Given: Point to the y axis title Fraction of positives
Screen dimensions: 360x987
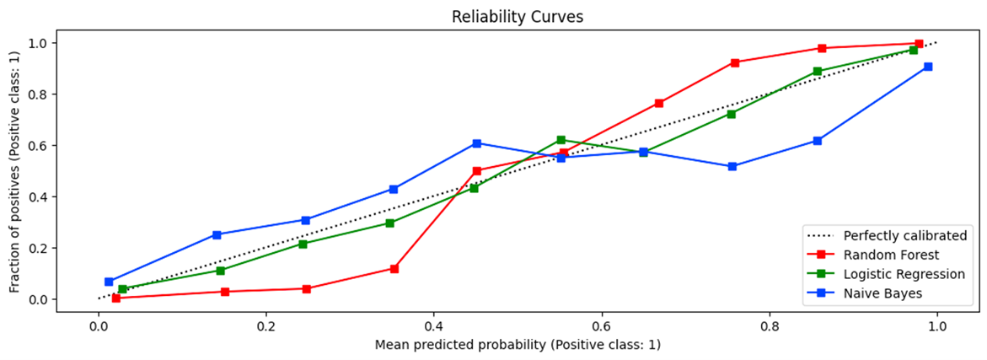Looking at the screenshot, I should pos(14,171).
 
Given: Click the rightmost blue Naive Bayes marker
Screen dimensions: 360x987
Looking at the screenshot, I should pos(927,67).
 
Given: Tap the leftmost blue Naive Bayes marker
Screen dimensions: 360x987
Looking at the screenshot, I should pos(109,282).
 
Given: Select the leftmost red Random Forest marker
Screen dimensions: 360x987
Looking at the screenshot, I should pos(115,298).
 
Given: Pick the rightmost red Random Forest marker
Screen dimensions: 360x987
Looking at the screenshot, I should pos(918,43).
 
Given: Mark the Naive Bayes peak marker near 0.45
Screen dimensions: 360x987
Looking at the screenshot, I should pos(477,143).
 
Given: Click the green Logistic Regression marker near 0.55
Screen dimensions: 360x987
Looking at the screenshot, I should pos(561,140).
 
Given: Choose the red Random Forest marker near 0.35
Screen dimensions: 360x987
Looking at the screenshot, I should pos(394,268).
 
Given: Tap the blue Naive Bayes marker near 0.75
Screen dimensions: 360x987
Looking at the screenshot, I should pos(732,166).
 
